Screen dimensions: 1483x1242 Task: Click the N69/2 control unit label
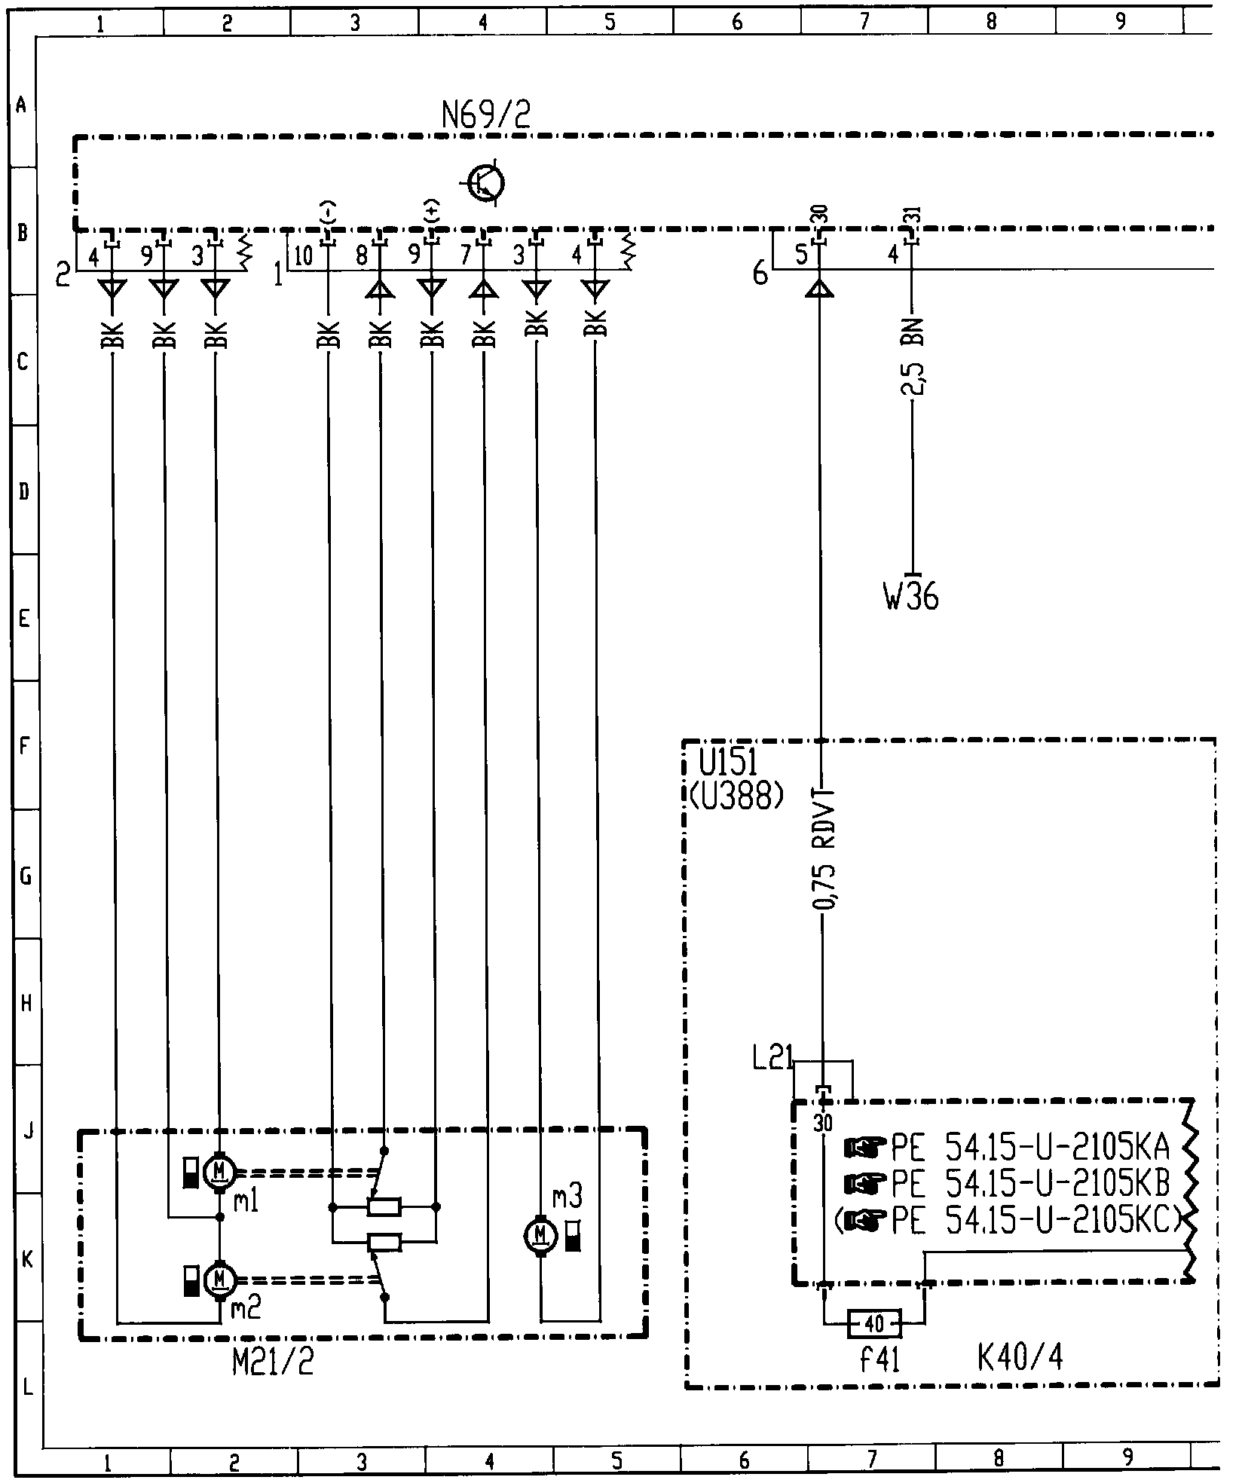coord(487,117)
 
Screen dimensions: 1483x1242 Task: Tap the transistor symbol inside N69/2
coord(486,183)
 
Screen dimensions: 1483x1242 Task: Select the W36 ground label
coord(911,598)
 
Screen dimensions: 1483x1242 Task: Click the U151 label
coord(728,763)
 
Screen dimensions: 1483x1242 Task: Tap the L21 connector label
coord(772,1060)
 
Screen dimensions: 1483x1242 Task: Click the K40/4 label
coord(1020,1358)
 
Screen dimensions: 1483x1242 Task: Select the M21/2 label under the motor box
coord(274,1364)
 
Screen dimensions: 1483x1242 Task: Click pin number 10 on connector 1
coord(303,256)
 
